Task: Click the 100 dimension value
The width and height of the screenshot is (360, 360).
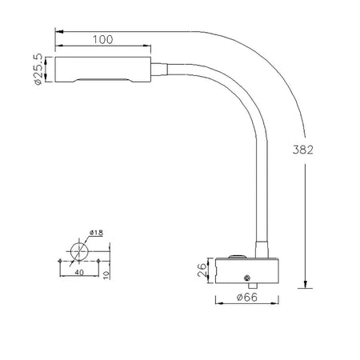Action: (102, 39)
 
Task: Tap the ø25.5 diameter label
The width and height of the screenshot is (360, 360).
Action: (38, 69)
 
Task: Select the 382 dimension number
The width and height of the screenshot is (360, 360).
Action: (303, 150)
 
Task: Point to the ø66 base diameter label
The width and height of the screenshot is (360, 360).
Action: (247, 297)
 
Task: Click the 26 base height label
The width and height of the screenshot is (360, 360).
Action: (202, 270)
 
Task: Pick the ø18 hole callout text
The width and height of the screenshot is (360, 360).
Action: (96, 233)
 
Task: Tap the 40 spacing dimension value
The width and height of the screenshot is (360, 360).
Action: (79, 272)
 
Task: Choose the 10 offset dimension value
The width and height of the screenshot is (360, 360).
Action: (106, 274)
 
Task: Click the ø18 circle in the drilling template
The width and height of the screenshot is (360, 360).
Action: (79, 251)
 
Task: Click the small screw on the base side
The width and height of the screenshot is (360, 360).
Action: (247, 278)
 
